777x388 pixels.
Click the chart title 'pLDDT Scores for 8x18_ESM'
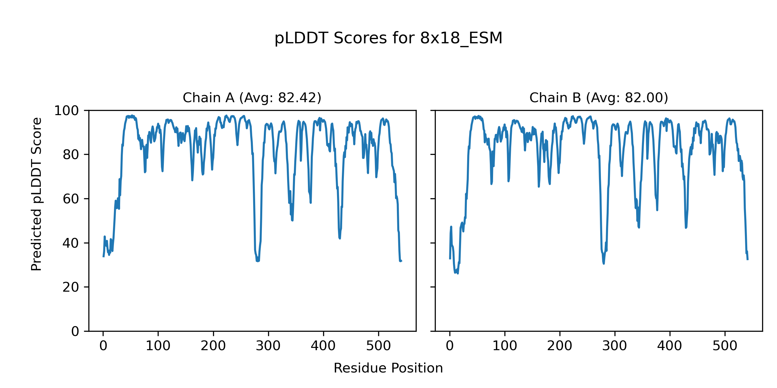pos(388,38)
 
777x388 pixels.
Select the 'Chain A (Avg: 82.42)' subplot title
pos(252,98)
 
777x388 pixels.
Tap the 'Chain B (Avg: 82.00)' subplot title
pos(599,98)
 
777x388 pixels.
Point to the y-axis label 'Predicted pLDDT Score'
pos(36,194)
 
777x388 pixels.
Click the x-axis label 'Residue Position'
pos(388,368)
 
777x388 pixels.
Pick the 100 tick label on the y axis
pos(66,111)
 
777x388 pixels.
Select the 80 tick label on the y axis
pos(71,155)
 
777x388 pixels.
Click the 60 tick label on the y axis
pos(71,199)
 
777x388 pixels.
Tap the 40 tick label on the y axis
pos(71,243)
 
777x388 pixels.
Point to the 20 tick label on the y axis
pos(71,287)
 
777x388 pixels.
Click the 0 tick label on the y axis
pos(75,331)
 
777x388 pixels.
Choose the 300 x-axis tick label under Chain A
pos(268,346)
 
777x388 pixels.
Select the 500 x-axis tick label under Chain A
pos(378,346)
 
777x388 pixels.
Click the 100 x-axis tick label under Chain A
pos(158,346)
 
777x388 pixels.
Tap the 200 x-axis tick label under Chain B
pos(559,346)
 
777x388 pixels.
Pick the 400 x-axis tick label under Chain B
pos(670,346)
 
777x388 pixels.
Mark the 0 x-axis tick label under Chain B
pos(450,346)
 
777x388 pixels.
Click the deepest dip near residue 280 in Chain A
pos(257,261)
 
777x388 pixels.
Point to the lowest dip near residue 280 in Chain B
pos(603,263)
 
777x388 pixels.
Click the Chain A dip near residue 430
pos(340,238)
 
